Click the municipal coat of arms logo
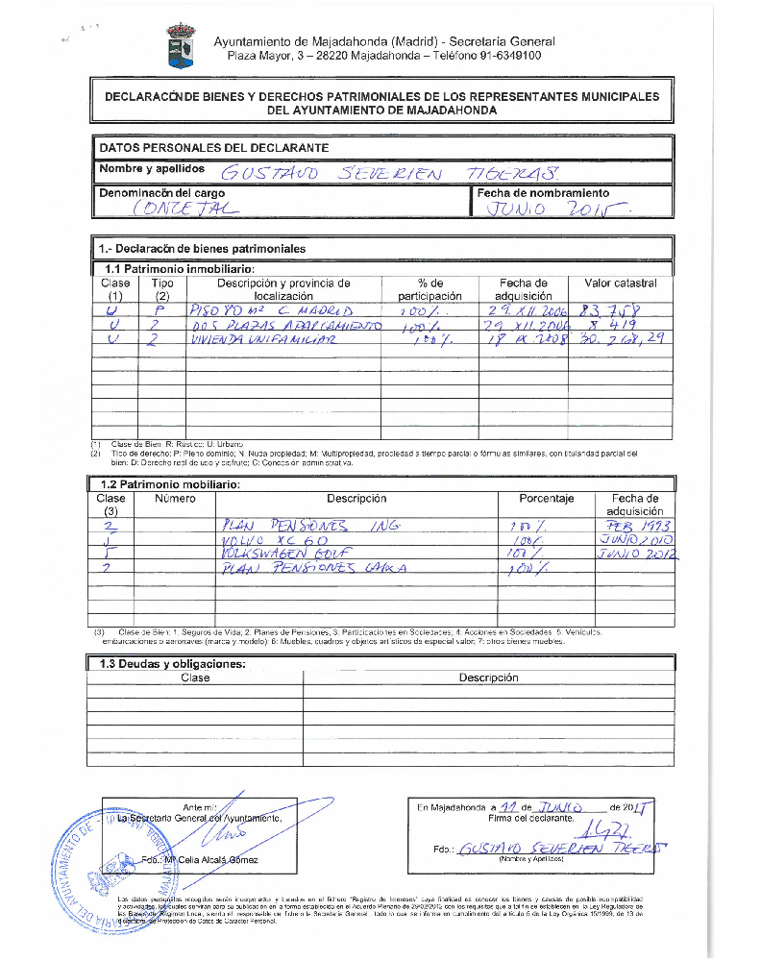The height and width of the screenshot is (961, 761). click(181, 46)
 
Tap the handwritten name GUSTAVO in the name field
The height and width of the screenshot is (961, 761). click(260, 174)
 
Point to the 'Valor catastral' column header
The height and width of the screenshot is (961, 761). click(620, 283)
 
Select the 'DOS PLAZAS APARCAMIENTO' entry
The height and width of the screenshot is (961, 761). click(285, 326)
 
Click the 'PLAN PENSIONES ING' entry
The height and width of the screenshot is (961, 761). click(308, 526)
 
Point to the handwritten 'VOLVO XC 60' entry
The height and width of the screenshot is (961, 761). click(273, 541)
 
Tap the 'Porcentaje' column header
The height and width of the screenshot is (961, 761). click(546, 499)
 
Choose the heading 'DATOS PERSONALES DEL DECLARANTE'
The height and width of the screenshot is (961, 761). click(214, 148)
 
